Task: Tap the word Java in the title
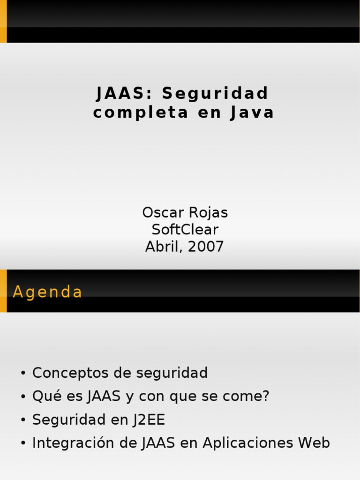252,113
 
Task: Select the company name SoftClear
185,230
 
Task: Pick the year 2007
205,247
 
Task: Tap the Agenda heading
47,292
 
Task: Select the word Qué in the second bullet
44,396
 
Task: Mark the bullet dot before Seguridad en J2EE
23,420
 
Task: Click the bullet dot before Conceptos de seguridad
23,374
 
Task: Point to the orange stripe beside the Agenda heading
3,291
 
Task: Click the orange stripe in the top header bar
3,22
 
